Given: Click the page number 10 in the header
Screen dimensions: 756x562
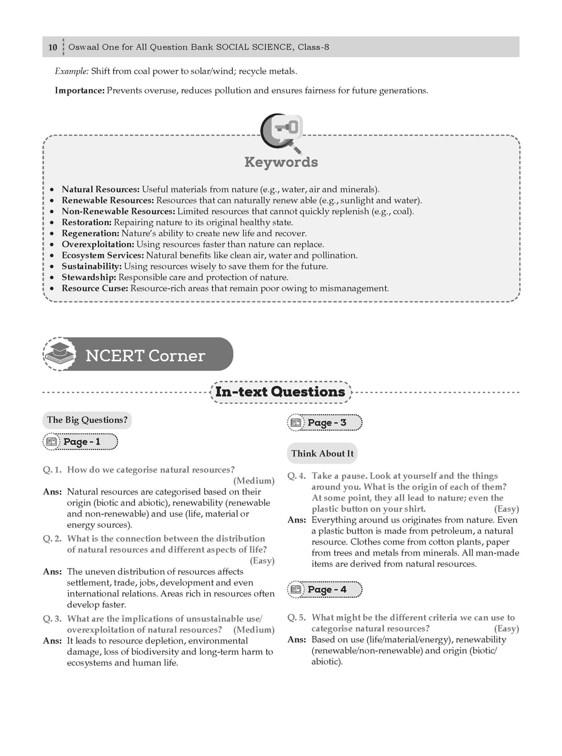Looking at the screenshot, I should pyautogui.click(x=53, y=47).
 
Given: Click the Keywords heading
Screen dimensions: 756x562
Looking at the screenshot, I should pyautogui.click(x=281, y=163).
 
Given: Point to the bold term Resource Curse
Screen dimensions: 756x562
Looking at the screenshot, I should pyautogui.click(x=95, y=288).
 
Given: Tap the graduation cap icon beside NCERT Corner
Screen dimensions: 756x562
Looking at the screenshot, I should pyautogui.click(x=59, y=354).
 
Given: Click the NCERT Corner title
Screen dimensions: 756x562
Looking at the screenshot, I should pyautogui.click(x=145, y=356).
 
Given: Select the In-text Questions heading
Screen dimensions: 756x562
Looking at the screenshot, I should pyautogui.click(x=280, y=392).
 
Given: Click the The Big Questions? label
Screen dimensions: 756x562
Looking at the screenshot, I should pyautogui.click(x=87, y=420).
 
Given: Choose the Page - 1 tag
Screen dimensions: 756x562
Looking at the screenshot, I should pyautogui.click(x=81, y=442).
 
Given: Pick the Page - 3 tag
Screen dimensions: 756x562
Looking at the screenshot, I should pyautogui.click(x=325, y=423).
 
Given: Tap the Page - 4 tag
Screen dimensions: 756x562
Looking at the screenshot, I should pyautogui.click(x=325, y=590).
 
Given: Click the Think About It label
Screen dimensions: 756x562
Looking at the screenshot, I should pyautogui.click(x=322, y=453).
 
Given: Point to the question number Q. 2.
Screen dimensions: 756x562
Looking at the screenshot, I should pyautogui.click(x=52, y=539).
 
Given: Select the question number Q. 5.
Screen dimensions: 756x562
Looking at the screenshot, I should pyautogui.click(x=297, y=618).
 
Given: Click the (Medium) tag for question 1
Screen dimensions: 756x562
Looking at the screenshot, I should pyautogui.click(x=254, y=481).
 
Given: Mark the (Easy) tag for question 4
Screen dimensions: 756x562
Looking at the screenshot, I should pyautogui.click(x=506, y=509).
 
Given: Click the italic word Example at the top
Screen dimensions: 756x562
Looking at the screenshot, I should pyautogui.click(x=71, y=71).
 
